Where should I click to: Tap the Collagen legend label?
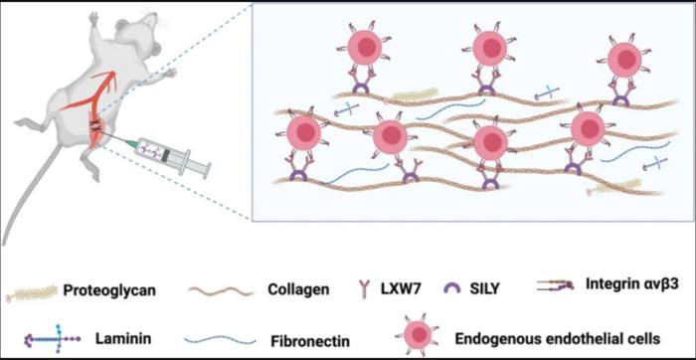[x=298, y=290]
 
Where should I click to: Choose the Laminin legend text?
[x=123, y=339]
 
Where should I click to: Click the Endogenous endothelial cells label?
[x=558, y=338]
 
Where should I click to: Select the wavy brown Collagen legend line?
[x=221, y=290]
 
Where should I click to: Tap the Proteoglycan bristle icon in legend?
[x=32, y=292]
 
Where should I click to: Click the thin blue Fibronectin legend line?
[x=221, y=339]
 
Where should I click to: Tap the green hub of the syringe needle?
[x=131, y=144]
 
